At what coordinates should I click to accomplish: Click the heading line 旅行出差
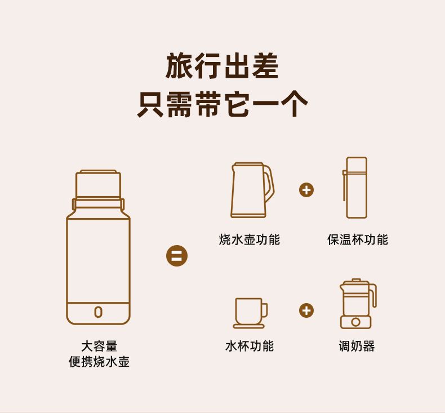pos(222,66)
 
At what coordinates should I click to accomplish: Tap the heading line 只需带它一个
pos(222,104)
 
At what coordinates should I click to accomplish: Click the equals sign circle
pos(177,255)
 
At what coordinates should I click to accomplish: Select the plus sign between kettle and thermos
pos(306,190)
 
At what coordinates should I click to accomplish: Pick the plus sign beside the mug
pos(306,310)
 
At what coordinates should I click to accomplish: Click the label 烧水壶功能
pos(250,239)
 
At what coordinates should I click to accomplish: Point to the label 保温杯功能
pos(358,239)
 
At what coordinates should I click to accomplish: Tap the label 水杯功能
pos(250,346)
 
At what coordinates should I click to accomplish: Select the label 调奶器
pos(357,346)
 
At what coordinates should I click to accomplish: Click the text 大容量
pos(99,347)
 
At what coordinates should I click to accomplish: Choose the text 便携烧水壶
pos(99,362)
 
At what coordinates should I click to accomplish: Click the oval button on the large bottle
pos(98,312)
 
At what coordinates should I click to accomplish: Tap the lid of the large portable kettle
pos(98,184)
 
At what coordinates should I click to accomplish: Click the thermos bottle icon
pos(355,188)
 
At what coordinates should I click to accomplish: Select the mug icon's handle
pos(265,310)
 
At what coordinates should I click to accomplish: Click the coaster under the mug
pos(248,326)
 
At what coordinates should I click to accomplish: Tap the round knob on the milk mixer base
pos(355,322)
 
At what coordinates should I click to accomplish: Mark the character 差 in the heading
pos(265,66)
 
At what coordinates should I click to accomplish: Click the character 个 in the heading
pos(295,104)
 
